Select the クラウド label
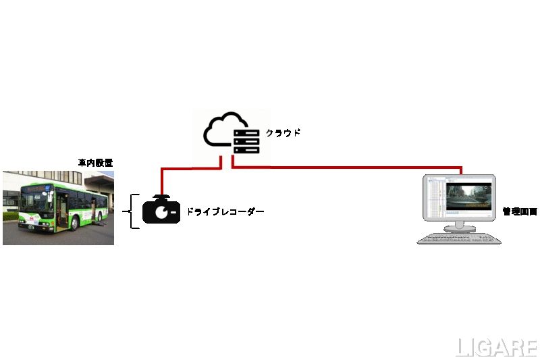[283, 133]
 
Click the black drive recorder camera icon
[161, 211]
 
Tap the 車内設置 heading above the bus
[94, 162]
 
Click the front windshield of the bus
[33, 200]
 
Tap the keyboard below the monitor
[458, 238]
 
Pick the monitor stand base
[459, 226]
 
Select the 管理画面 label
[520, 212]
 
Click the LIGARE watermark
[496, 347]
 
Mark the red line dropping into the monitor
[462, 170]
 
